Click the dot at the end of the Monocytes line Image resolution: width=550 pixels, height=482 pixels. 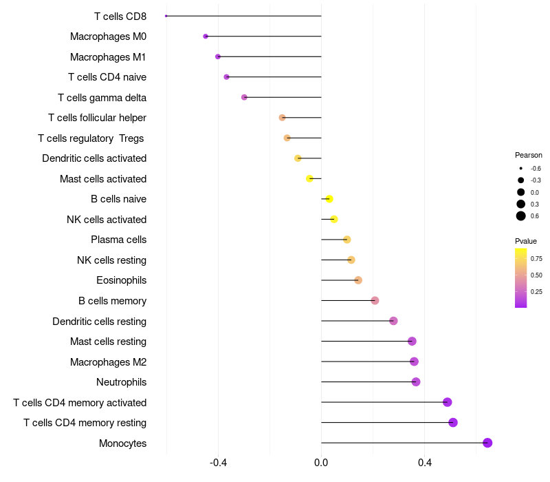pyautogui.click(x=487, y=443)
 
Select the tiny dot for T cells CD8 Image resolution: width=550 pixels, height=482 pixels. pyautogui.click(x=166, y=16)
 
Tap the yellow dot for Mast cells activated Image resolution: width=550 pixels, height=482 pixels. pyautogui.click(x=309, y=178)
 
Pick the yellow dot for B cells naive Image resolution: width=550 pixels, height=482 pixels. pyautogui.click(x=329, y=199)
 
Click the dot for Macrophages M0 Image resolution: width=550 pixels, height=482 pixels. pyautogui.click(x=206, y=36)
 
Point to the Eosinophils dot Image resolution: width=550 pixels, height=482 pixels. pyautogui.click(x=358, y=280)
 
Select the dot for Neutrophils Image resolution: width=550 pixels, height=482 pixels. pyautogui.click(x=416, y=381)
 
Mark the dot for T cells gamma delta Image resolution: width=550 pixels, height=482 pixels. pyautogui.click(x=244, y=97)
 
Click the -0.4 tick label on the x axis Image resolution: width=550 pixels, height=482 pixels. pyautogui.click(x=218, y=462)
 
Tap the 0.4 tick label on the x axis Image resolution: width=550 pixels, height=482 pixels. pyautogui.click(x=424, y=462)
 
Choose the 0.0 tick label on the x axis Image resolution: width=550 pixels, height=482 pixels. pyautogui.click(x=321, y=462)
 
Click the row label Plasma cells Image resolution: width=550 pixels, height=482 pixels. pyautogui.click(x=118, y=240)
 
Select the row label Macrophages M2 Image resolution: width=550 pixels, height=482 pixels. pyautogui.click(x=108, y=362)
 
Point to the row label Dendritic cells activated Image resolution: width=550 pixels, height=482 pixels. pyautogui.click(x=94, y=158)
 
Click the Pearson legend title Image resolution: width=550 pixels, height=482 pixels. pyautogui.click(x=528, y=155)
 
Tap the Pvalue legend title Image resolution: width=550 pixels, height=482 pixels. pyautogui.click(x=526, y=241)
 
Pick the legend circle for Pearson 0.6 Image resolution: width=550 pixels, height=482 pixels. pyautogui.click(x=521, y=216)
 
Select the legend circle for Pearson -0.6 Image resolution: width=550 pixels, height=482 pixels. pyautogui.click(x=521, y=168)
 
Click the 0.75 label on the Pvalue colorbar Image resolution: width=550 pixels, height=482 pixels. pyautogui.click(x=536, y=259)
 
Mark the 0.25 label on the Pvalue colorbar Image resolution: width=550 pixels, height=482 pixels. pyautogui.click(x=536, y=291)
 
